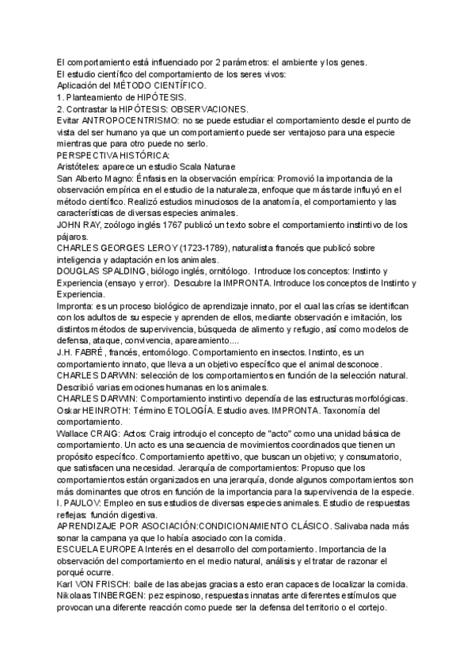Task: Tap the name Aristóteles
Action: (x=82, y=167)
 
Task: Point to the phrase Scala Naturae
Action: (x=208, y=167)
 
